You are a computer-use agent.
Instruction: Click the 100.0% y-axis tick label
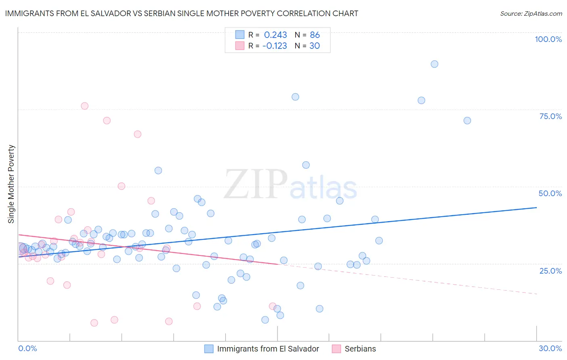coord(548,39)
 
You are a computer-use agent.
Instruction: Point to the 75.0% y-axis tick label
coord(550,116)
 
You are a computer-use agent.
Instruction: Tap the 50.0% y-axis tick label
coord(550,193)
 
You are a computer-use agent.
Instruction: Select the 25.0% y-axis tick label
coord(550,271)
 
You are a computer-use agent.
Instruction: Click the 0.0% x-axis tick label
coord(27,348)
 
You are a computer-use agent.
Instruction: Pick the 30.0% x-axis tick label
coord(550,348)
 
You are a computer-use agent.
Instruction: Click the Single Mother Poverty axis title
coord(11,184)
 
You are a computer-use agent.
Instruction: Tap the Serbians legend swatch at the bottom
coord(336,349)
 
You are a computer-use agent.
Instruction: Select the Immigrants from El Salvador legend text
coord(268,349)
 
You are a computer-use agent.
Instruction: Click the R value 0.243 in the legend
coord(275,35)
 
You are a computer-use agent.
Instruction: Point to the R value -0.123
coord(275,46)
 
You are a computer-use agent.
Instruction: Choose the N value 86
coord(315,35)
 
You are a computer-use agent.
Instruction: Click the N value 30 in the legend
coord(315,46)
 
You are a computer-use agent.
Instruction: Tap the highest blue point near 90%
coord(434,64)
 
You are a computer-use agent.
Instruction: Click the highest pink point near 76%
coord(84,106)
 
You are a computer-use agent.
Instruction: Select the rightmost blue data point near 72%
coord(467,121)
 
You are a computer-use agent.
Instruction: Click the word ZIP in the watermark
coord(255,184)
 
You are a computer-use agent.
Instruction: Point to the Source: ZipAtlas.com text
coord(531,14)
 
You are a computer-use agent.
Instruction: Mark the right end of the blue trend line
coord(536,207)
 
